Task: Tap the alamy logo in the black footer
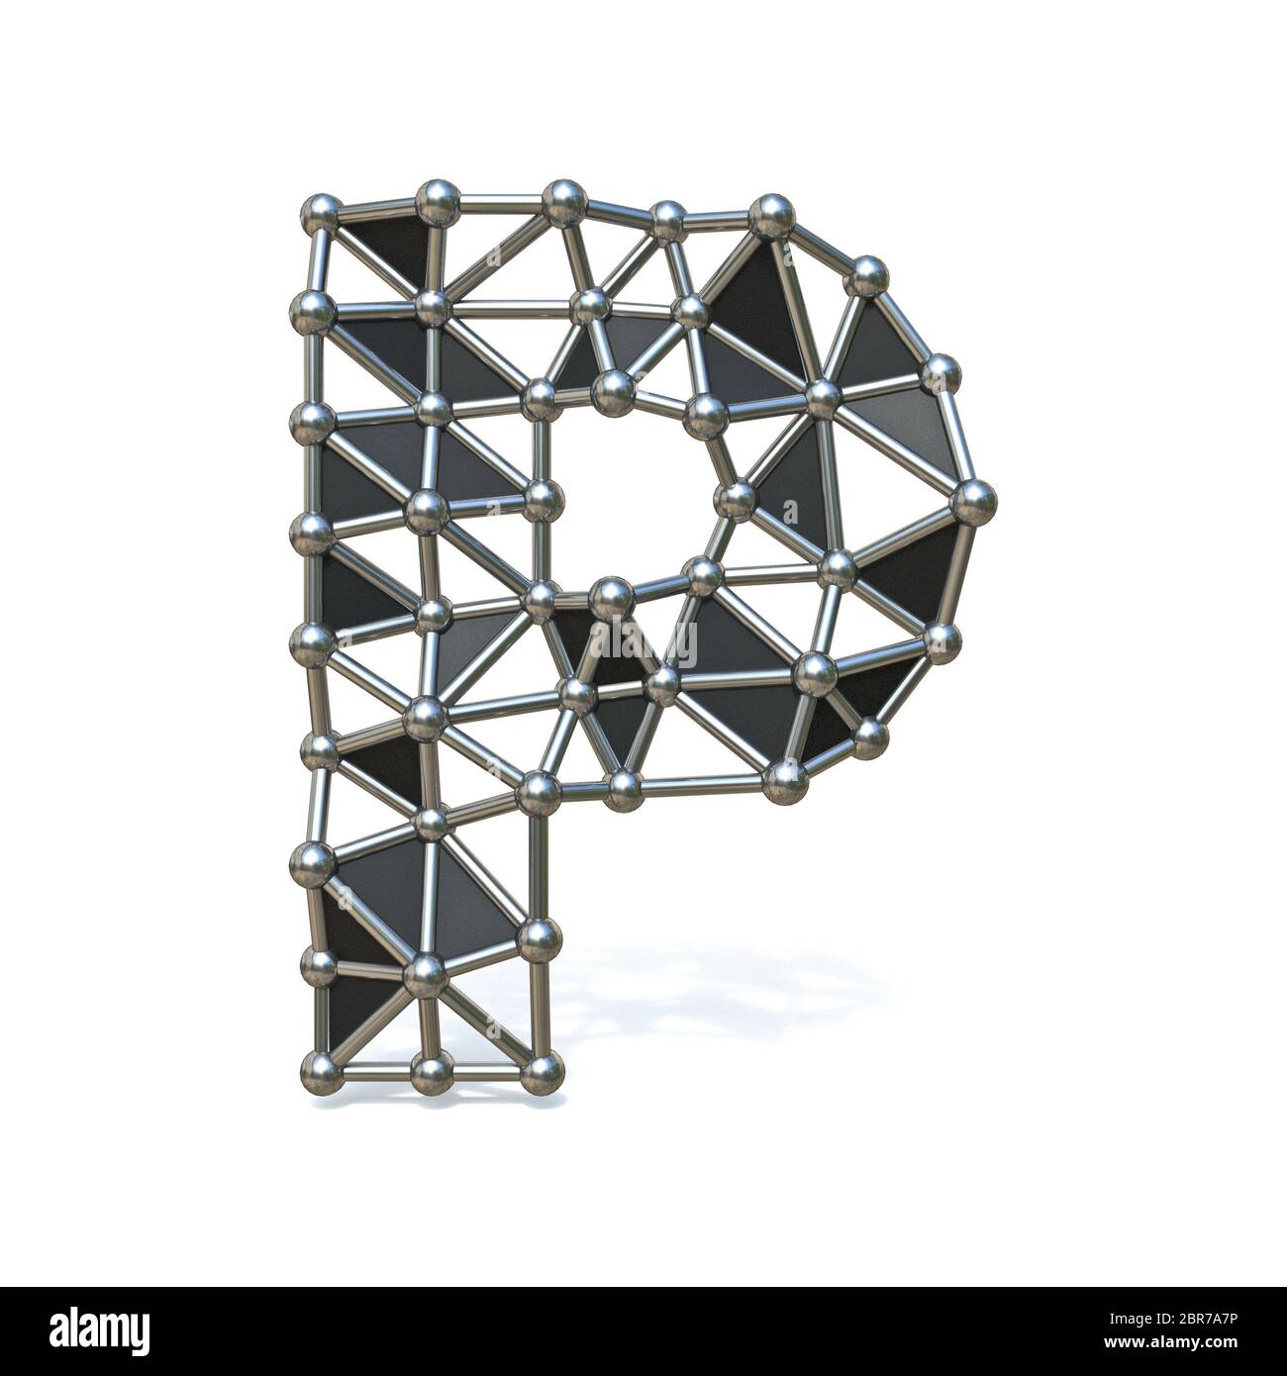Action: pyautogui.click(x=88, y=1326)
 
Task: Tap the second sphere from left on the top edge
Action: pyautogui.click(x=436, y=202)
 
